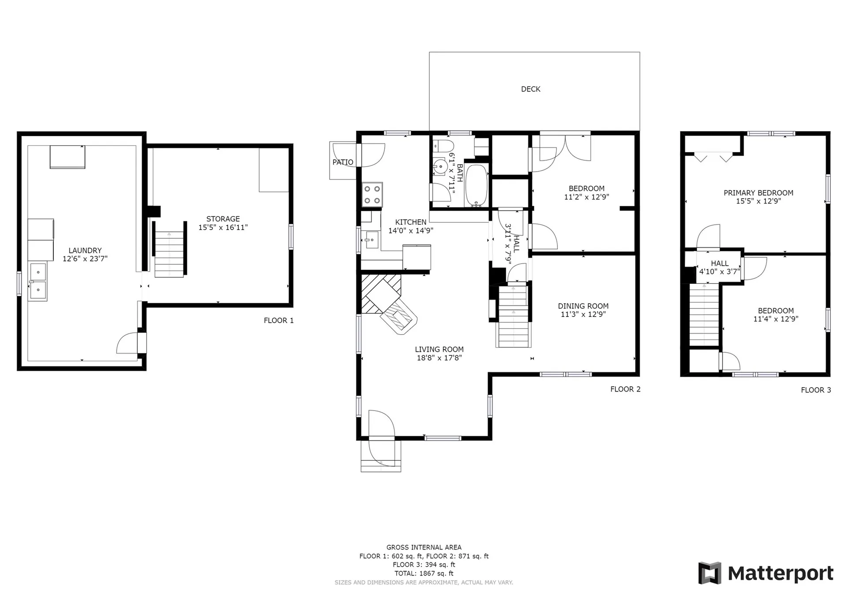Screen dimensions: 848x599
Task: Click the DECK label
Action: (x=530, y=89)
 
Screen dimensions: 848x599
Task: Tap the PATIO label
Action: (x=343, y=162)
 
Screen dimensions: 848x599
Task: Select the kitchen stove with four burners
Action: (x=372, y=195)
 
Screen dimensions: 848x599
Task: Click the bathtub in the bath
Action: (x=476, y=185)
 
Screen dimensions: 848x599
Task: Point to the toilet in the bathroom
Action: (x=443, y=146)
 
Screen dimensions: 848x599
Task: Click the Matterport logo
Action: (x=766, y=573)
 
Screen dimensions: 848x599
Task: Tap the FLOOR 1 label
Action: (x=279, y=320)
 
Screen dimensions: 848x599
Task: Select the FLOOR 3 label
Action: (x=816, y=390)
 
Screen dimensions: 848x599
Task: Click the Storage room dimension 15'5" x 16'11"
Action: (x=223, y=227)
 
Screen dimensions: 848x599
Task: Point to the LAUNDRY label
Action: (x=85, y=250)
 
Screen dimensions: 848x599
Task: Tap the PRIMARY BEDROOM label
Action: (x=758, y=193)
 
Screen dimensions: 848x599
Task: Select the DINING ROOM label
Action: (x=583, y=306)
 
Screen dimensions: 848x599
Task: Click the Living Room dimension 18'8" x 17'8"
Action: (x=439, y=358)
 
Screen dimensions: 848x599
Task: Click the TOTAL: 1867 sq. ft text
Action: (x=424, y=573)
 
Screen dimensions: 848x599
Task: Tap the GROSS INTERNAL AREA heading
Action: (x=424, y=547)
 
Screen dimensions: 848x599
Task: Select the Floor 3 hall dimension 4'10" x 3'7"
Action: (x=719, y=271)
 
